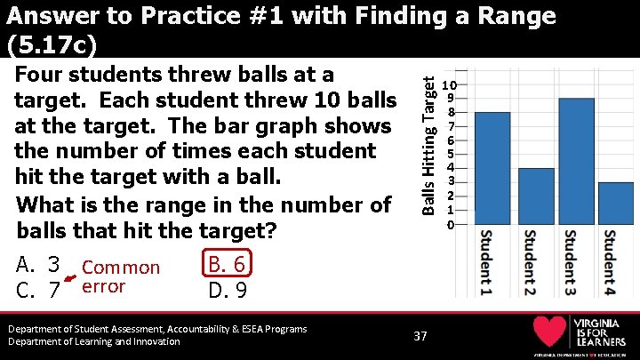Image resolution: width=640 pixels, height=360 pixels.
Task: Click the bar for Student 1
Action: pyautogui.click(x=492, y=169)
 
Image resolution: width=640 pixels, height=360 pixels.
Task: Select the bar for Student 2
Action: pyautogui.click(x=536, y=196)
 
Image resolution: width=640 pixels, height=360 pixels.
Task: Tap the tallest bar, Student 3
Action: pyautogui.click(x=576, y=162)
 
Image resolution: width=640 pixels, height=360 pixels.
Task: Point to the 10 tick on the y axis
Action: pyautogui.click(x=451, y=83)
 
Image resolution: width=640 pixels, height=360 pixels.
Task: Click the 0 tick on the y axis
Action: pyautogui.click(x=451, y=225)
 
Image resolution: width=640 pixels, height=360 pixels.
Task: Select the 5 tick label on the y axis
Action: pyautogui.click(x=451, y=154)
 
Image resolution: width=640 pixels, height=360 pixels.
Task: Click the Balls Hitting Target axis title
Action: pyautogui.click(x=428, y=145)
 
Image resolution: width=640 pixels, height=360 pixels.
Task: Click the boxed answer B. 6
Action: pyautogui.click(x=228, y=265)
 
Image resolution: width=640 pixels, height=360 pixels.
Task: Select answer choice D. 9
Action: pyautogui.click(x=227, y=290)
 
